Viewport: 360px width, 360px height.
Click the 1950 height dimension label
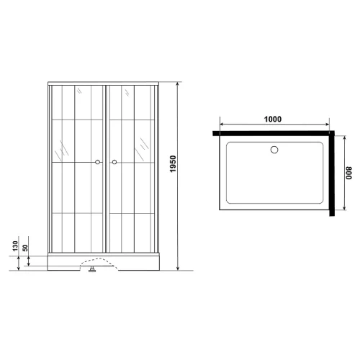click(173, 164)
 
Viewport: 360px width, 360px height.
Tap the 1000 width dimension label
click(273, 119)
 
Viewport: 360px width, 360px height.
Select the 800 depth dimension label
click(348, 173)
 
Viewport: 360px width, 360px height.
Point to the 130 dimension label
click(15, 246)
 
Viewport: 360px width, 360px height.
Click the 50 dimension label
click(25, 248)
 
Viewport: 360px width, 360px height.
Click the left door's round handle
click(97, 162)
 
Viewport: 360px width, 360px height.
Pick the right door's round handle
click(114, 162)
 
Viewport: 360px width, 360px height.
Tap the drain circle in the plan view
click(274, 150)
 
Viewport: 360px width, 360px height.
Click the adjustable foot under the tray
click(92, 269)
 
